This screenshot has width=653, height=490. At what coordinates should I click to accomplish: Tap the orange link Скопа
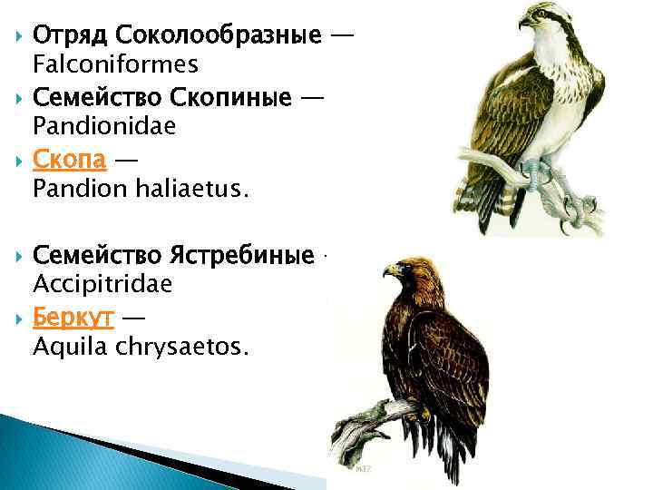click(70, 161)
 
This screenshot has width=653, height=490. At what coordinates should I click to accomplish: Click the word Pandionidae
click(103, 128)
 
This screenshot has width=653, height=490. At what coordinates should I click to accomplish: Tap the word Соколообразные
click(218, 36)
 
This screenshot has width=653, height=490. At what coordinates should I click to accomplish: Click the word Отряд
click(69, 36)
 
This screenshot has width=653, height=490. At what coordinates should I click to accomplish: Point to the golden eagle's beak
click(388, 270)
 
